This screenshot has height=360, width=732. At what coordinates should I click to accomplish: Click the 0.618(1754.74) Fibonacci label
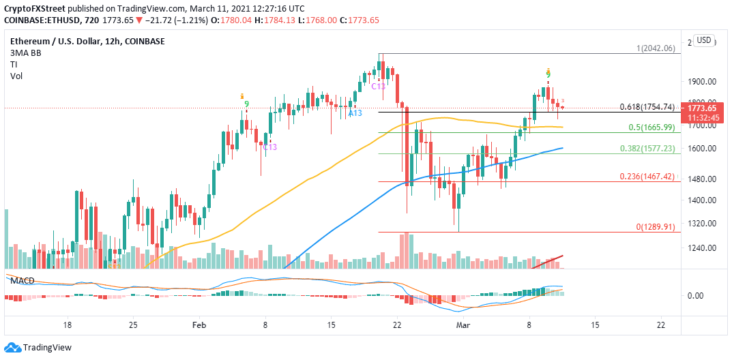[647, 107]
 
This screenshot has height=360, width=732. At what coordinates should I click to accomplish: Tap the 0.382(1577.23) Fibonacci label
[648, 148]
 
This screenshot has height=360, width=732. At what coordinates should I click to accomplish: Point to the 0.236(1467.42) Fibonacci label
[648, 176]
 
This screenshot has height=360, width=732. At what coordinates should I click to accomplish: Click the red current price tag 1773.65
[702, 108]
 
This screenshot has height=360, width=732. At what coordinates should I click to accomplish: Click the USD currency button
[704, 40]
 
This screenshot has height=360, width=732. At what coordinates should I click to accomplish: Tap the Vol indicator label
[16, 76]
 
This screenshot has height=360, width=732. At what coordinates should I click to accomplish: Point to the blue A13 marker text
[355, 112]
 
